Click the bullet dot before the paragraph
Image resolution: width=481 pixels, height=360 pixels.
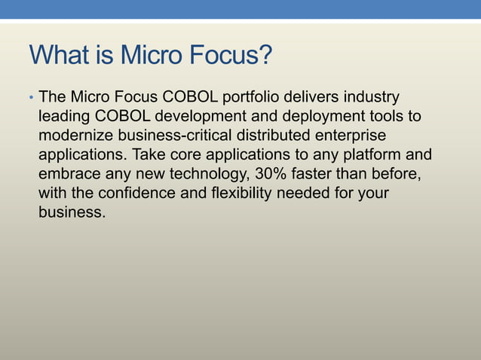pos(31,99)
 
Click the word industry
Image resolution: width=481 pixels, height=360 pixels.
pos(372,98)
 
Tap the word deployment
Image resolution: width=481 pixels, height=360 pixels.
pos(313,117)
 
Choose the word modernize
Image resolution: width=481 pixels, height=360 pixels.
pos(73,136)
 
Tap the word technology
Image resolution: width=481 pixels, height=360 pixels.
pos(201,174)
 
